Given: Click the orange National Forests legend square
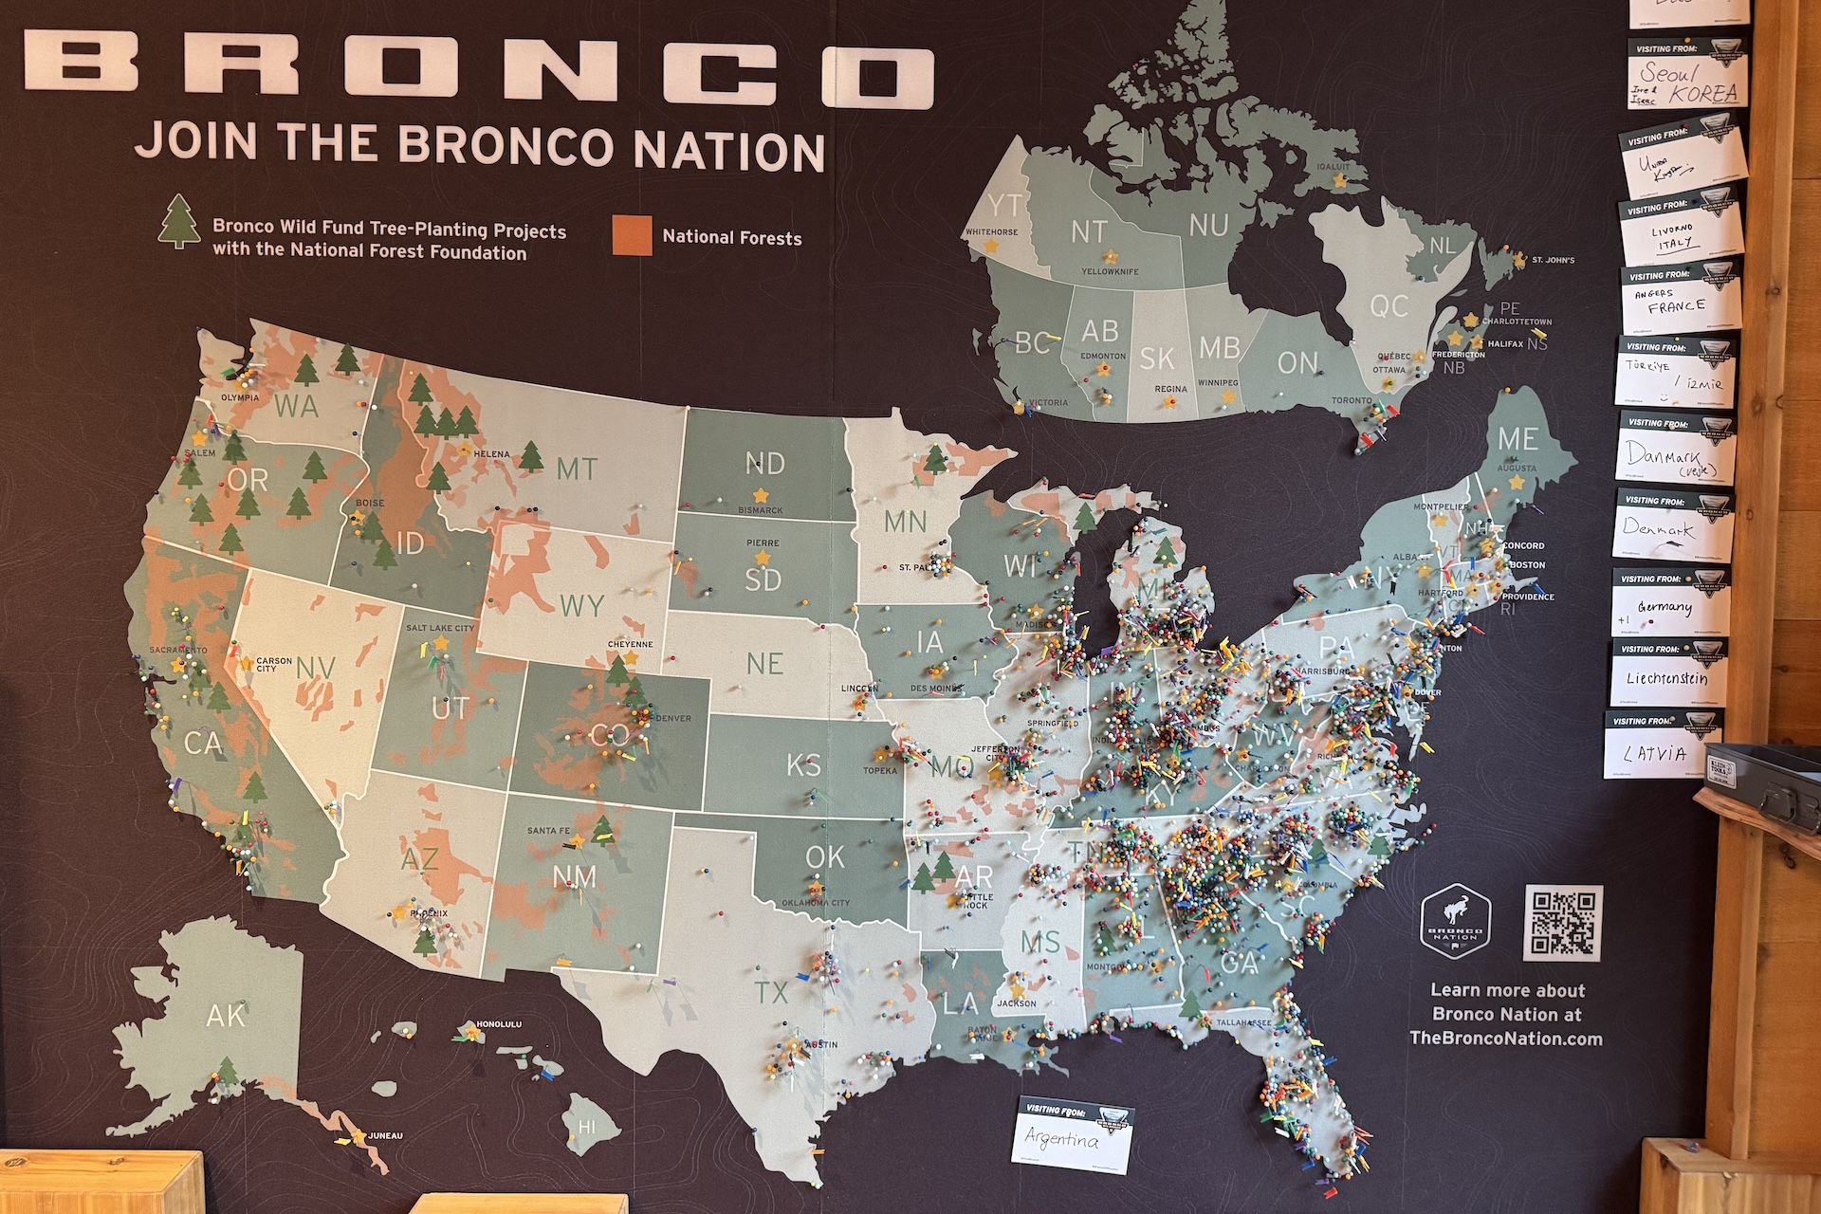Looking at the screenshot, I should [x=632, y=236].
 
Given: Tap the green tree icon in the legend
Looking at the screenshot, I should [x=179, y=222].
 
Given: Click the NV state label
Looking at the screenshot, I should [x=316, y=668].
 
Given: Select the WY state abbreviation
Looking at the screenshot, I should [x=581, y=605].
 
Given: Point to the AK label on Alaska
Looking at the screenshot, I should [x=225, y=1016].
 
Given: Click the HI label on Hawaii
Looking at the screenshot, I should [x=587, y=1128].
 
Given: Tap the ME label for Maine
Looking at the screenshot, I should [x=1517, y=438].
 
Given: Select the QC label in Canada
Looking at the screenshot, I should [x=1388, y=305].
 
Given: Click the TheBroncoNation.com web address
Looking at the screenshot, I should [x=1506, y=1039].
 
